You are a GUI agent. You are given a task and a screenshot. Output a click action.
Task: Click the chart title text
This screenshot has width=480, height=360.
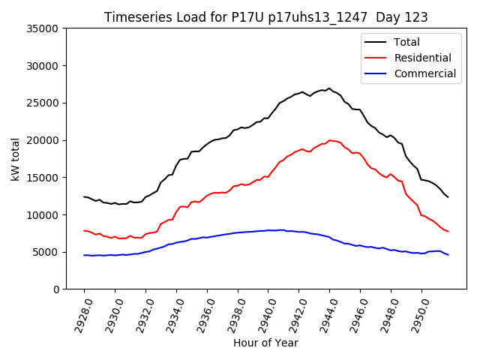point(265,17)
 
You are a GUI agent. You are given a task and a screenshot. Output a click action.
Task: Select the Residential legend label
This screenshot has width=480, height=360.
point(422,58)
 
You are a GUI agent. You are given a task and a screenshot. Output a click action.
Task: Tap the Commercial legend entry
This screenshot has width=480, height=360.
point(424,73)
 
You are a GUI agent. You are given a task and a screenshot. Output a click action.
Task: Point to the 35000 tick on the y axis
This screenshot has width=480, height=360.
point(42,28)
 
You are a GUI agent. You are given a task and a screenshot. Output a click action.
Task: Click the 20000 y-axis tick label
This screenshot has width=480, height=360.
point(42,140)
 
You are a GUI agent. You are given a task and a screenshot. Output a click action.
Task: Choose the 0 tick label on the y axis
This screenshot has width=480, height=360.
point(55,289)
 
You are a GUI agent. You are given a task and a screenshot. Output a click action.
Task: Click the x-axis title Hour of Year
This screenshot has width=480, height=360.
point(265,343)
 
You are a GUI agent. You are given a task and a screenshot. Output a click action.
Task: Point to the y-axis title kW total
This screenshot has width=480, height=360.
point(15,159)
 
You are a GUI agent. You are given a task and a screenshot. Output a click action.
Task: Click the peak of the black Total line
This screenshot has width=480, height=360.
point(329,88)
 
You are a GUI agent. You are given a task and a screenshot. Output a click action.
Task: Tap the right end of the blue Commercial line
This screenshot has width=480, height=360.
point(448,255)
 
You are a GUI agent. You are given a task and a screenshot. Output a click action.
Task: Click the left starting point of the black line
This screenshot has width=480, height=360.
point(84,196)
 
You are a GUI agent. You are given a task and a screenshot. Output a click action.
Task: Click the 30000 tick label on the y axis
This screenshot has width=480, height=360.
point(42,66)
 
